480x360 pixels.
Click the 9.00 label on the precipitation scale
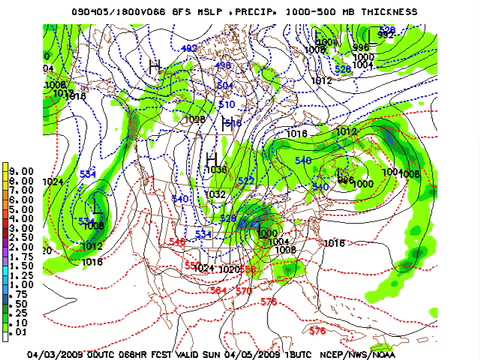(21, 170)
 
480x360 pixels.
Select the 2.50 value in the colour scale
(21, 237)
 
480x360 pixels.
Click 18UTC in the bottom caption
(333, 353)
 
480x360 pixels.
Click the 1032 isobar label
(215, 195)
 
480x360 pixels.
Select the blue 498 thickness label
(223, 66)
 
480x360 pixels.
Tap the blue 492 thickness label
(190, 48)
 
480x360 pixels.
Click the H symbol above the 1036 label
(211, 157)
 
